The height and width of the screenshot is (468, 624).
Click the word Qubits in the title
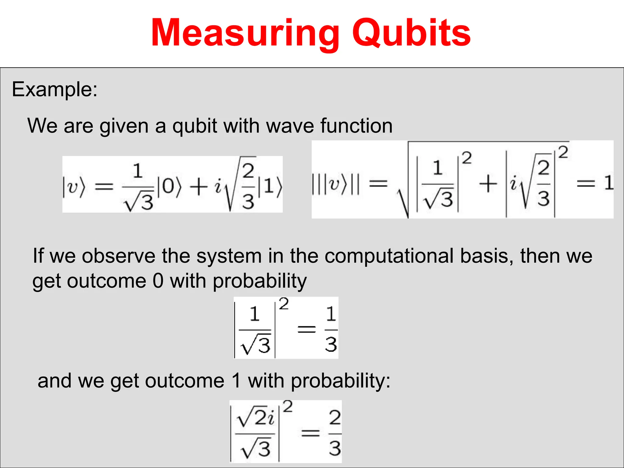point(411,33)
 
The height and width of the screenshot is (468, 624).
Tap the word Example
point(54,90)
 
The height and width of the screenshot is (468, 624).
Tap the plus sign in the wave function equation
point(198,186)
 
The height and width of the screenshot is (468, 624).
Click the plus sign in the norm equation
point(488,183)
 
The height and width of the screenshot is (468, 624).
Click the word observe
point(119,256)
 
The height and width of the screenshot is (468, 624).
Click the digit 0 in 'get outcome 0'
point(158,281)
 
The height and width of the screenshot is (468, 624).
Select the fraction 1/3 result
point(331,329)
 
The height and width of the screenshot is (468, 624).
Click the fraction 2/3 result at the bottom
point(335,433)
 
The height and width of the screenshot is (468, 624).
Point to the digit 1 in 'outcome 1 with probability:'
point(236,381)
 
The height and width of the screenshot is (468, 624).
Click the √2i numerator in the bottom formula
point(256,417)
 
